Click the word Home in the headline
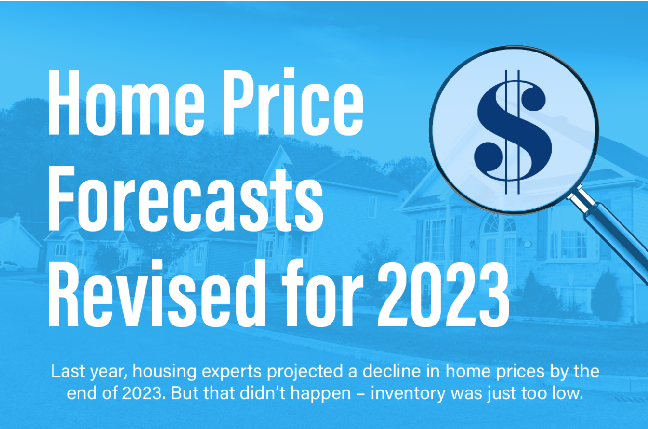coord(126,103)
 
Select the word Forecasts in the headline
coord(185,199)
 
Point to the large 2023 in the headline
coord(443,295)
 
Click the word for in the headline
coord(322,293)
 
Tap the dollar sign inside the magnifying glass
coord(513,132)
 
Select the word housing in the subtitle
coord(165,372)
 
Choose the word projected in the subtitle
coord(305,372)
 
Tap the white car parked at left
coord(11,266)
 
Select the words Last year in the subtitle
coord(89,372)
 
